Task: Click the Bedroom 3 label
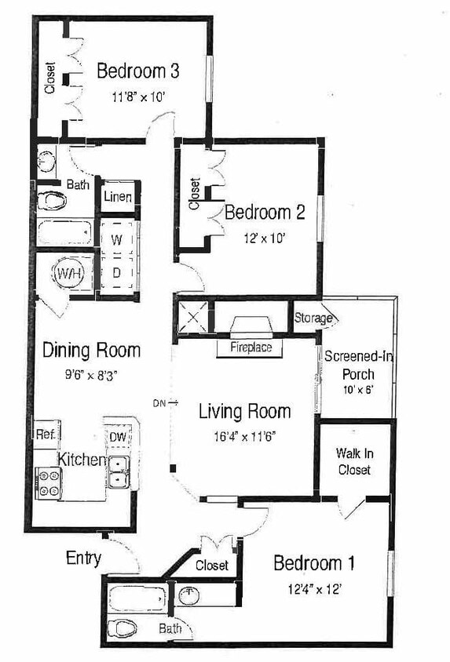(138, 71)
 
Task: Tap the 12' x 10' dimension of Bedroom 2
(264, 238)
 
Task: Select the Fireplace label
(251, 347)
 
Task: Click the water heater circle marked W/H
(67, 275)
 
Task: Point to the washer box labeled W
(116, 238)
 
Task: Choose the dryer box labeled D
(116, 273)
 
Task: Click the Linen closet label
(118, 197)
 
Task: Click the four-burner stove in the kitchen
(49, 482)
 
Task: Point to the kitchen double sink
(119, 472)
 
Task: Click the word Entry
(83, 558)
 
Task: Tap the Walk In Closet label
(353, 461)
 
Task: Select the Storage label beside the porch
(313, 318)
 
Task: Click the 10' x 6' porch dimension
(358, 390)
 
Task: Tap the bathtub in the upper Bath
(66, 233)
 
